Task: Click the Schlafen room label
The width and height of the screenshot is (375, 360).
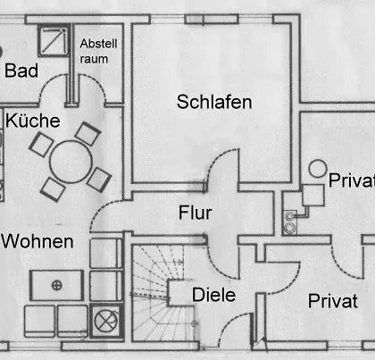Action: point(214,102)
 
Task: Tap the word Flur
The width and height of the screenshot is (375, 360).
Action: point(195,213)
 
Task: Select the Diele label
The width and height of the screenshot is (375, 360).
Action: point(213,295)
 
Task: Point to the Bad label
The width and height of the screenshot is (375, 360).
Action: point(21,71)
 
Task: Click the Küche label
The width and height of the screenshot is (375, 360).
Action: point(33,121)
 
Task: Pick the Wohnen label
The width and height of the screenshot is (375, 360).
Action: point(37,241)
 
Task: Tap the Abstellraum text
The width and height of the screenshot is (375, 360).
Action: point(98,51)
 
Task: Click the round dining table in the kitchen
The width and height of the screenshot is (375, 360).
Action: point(71,162)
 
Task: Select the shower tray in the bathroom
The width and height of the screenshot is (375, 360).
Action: point(54,41)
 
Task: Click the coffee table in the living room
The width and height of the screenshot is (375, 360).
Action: point(56,285)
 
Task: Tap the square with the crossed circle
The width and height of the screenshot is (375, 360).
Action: point(106,321)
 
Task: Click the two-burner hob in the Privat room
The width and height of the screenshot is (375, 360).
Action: point(289,222)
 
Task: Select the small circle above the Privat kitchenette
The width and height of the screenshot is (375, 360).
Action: point(318,169)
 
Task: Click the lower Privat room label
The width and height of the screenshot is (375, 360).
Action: point(333,301)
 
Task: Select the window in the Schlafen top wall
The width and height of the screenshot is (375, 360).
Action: point(212,19)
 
